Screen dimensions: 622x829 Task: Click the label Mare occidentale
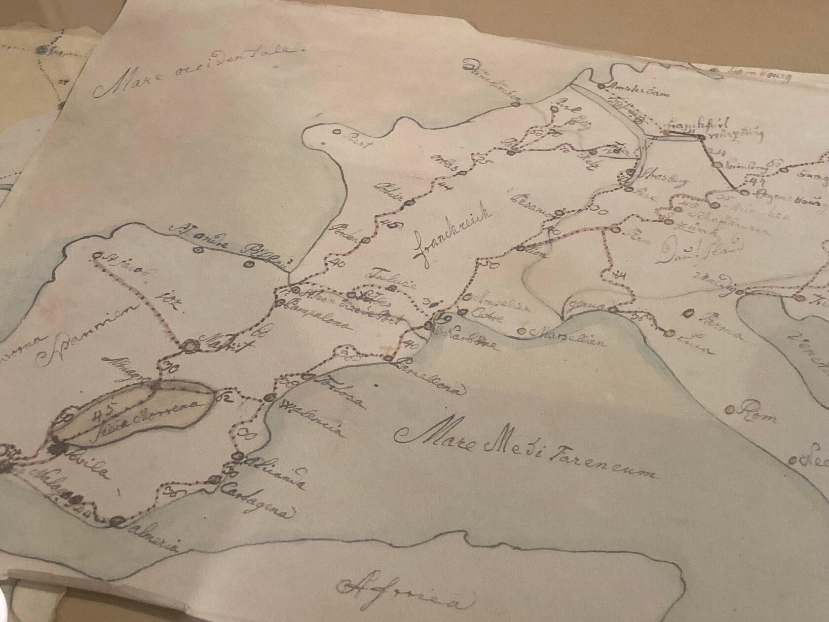197,72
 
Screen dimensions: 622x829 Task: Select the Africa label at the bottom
405,594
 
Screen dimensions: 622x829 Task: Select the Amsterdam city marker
601,86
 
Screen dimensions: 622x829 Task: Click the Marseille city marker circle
523,331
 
